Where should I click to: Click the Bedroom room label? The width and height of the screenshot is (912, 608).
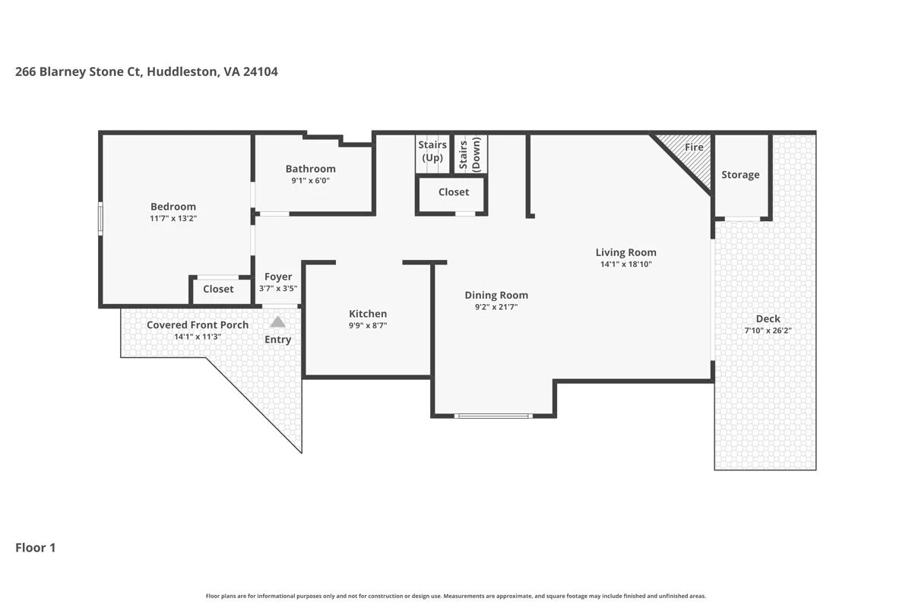coord(173,207)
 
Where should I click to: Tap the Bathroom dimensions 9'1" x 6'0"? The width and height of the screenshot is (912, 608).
coord(310,180)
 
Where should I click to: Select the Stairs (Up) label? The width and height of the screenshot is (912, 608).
coord(432,151)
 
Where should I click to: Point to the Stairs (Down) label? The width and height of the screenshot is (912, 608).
coord(470,154)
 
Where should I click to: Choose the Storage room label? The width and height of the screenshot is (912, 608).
coord(740,175)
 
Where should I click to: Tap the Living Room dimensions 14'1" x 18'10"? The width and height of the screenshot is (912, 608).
coord(625,264)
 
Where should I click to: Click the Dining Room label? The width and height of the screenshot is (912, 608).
coord(496,295)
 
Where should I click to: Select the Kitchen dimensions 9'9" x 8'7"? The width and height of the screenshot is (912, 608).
coord(368,325)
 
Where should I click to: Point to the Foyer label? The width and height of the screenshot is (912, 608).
coord(278,277)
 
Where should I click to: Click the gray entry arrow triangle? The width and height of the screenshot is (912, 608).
coord(277,322)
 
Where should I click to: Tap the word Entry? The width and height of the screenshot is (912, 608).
coord(277,340)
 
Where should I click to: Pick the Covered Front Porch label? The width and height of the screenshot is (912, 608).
coord(198,325)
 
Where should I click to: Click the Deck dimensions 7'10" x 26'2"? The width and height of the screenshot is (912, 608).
coord(768,331)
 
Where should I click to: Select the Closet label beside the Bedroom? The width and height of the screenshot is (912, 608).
coord(218,289)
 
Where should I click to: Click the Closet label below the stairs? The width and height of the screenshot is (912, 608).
coord(454,192)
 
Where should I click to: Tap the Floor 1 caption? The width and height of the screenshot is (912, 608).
coord(36,548)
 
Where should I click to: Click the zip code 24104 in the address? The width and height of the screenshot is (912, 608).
coord(261,71)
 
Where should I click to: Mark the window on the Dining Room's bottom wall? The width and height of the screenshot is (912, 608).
coord(493,416)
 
